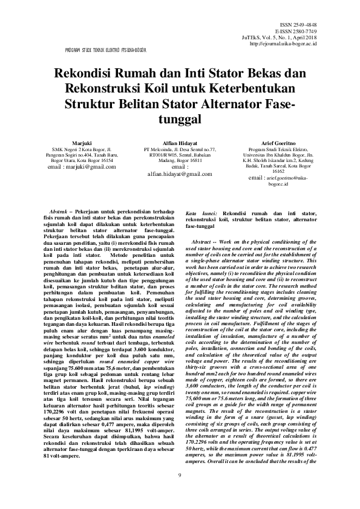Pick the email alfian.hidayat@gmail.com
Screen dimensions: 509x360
(x=180, y=173)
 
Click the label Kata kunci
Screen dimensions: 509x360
(x=198, y=213)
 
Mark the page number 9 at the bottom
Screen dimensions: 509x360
(x=180, y=492)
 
